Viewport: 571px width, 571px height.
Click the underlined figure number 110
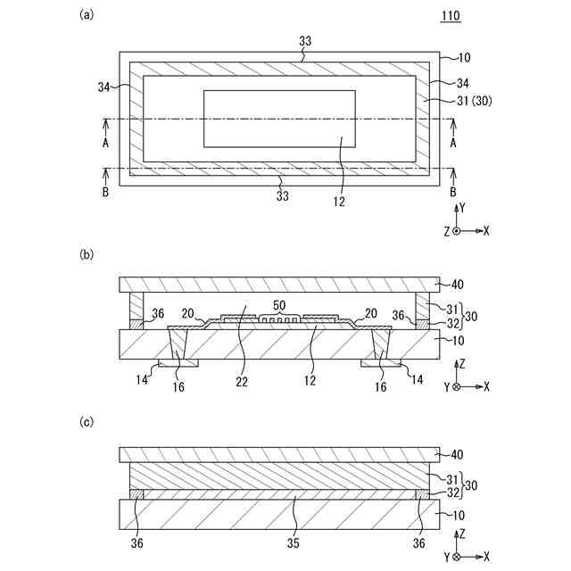(x=451, y=16)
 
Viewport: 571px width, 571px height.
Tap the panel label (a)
(x=87, y=13)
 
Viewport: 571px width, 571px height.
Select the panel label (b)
(x=87, y=254)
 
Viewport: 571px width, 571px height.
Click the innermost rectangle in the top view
(x=279, y=118)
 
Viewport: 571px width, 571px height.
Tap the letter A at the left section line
(x=105, y=144)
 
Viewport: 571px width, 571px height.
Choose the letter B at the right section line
(x=453, y=192)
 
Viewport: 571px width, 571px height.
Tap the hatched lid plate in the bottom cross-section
(x=279, y=454)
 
